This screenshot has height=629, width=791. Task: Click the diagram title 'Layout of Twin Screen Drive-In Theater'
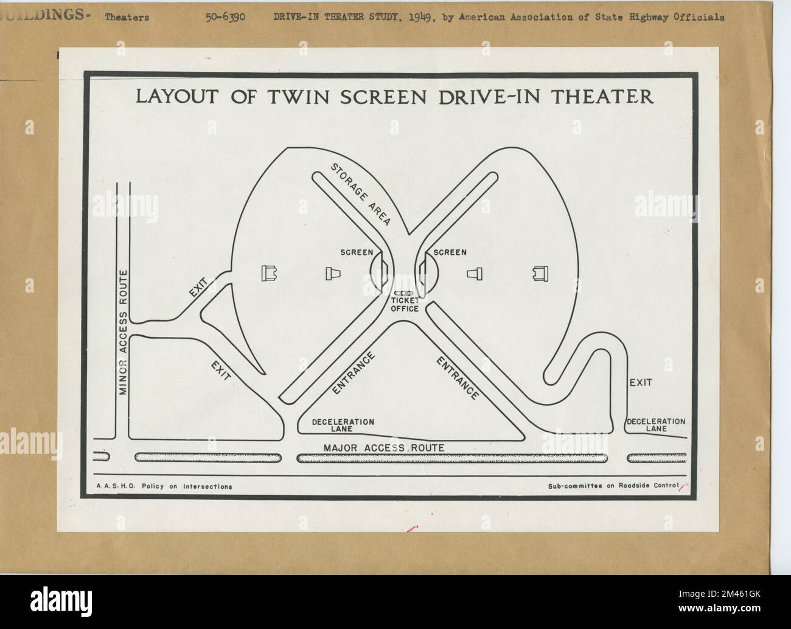pyautogui.click(x=394, y=97)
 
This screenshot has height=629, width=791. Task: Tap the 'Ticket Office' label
pyautogui.click(x=405, y=305)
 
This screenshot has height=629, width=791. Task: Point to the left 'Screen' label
pyautogui.click(x=357, y=252)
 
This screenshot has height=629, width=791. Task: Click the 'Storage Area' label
pyautogui.click(x=360, y=194)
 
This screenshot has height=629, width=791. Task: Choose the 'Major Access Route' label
pyautogui.click(x=384, y=448)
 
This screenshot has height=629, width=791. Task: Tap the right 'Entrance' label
pyautogui.click(x=458, y=378)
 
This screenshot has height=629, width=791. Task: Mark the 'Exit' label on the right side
pyautogui.click(x=641, y=383)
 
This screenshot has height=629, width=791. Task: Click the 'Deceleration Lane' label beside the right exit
pyautogui.click(x=656, y=425)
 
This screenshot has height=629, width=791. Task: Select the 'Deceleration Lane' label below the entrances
pyautogui.click(x=343, y=425)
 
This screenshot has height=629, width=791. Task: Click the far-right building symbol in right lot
pyautogui.click(x=537, y=274)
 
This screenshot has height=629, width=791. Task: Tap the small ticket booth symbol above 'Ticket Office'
pyautogui.click(x=404, y=293)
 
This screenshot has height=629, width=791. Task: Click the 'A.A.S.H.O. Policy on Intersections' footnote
pyautogui.click(x=164, y=486)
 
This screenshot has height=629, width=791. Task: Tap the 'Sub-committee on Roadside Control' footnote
pyautogui.click(x=613, y=486)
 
